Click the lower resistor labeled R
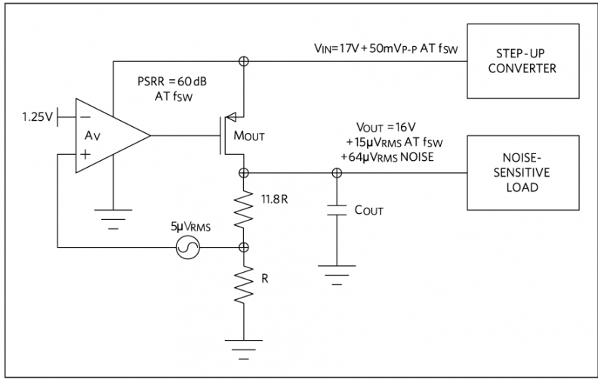tap(244, 288)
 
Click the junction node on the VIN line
tap(244, 61)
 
